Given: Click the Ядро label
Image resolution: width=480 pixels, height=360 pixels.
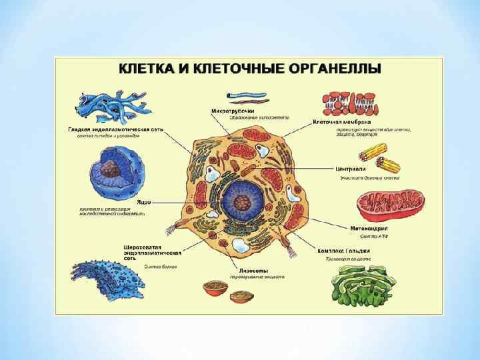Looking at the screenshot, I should point(142,202).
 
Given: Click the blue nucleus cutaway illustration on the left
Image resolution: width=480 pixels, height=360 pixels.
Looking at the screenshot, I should point(115,174).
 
